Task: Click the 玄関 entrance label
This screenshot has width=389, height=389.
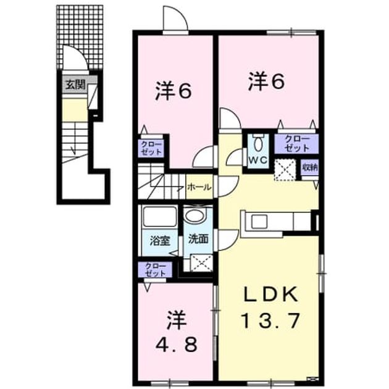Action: [x=75, y=85]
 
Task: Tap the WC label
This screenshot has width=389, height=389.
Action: [x=258, y=160]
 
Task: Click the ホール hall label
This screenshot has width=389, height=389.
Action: [x=199, y=187]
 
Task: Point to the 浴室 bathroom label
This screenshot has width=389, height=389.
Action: [x=160, y=240]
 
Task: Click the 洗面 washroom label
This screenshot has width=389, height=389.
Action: [x=198, y=239]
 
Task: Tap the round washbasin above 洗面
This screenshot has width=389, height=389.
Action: [x=196, y=216]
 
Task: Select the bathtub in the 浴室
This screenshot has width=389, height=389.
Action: [x=160, y=217]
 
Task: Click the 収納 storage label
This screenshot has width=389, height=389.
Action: [x=309, y=168]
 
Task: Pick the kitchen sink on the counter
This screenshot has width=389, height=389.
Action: [x=259, y=221]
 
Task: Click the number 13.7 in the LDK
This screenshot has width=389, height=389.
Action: [x=270, y=320]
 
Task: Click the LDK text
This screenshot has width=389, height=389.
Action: [x=271, y=295]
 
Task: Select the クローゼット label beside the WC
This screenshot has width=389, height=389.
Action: [x=297, y=143]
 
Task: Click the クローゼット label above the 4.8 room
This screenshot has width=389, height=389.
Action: [x=156, y=270]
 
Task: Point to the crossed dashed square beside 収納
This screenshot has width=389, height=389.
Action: [x=285, y=170]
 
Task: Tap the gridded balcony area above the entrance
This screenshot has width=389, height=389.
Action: [x=80, y=37]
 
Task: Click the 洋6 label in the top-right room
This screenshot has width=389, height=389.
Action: [x=266, y=81]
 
